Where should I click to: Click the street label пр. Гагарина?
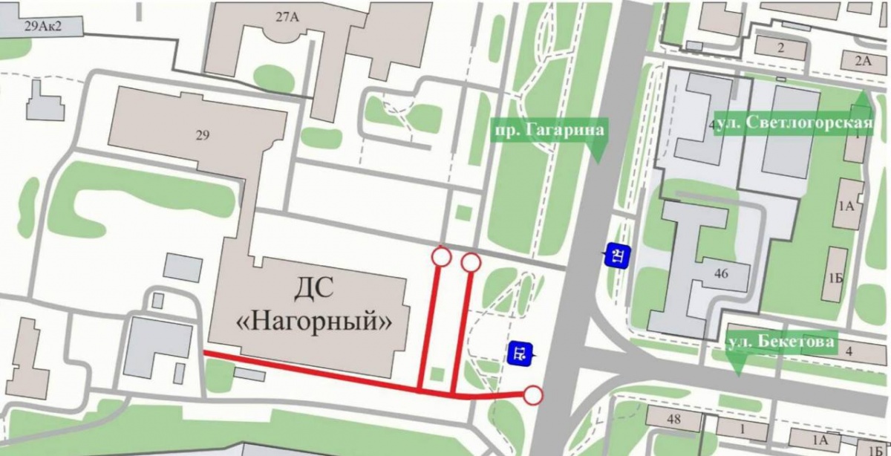[x=549, y=131]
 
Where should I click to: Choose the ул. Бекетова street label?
[x=781, y=342]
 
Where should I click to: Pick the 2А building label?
[x=862, y=61]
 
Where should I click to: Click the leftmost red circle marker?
[x=441, y=257]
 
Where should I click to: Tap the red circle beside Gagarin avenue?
[x=533, y=395]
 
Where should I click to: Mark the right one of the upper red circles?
[x=471, y=262]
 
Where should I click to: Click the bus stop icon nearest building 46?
[x=617, y=256]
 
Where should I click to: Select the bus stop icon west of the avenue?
[x=520, y=353]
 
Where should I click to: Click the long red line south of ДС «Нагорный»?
[x=312, y=372]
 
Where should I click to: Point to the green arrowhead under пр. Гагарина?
[x=598, y=152]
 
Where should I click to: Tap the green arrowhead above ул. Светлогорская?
[x=861, y=100]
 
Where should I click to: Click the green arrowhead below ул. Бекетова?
[x=736, y=365]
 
